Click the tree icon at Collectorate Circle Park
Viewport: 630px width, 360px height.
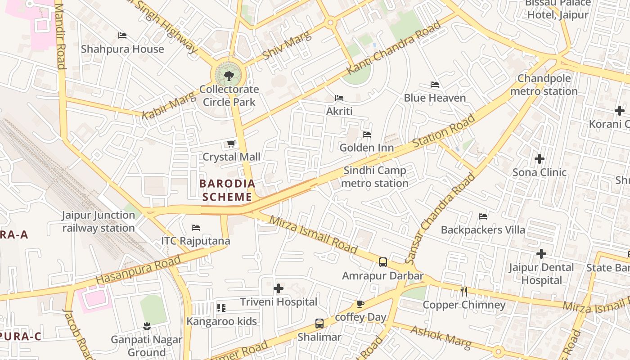[x=229, y=75]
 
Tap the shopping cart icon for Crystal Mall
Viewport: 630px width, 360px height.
[x=231, y=144]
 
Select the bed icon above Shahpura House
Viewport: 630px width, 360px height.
[x=122, y=36]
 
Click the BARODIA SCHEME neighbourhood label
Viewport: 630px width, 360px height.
[x=227, y=190]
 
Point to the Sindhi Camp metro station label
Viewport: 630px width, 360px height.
[x=374, y=177]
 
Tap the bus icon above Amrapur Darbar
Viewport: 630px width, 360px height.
[x=382, y=262]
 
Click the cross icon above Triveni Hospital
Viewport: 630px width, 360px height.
[x=279, y=288]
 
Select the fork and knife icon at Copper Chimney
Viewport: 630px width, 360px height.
[x=464, y=292]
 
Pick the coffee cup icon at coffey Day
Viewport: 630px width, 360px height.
[x=360, y=304]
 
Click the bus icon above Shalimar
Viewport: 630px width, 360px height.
[x=319, y=323]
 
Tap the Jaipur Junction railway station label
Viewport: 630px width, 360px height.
[x=99, y=221]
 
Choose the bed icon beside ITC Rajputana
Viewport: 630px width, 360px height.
[x=195, y=228]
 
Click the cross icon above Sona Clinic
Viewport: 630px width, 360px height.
[x=539, y=158]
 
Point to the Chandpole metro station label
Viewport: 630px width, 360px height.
[x=544, y=85]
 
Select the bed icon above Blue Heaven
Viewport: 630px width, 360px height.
[x=434, y=84]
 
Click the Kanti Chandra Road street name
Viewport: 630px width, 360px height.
[x=394, y=48]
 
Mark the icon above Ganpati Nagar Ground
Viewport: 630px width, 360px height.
[x=146, y=325]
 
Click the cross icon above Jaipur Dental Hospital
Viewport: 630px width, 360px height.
[x=541, y=254]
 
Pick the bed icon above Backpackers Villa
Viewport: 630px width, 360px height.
[x=482, y=216]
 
